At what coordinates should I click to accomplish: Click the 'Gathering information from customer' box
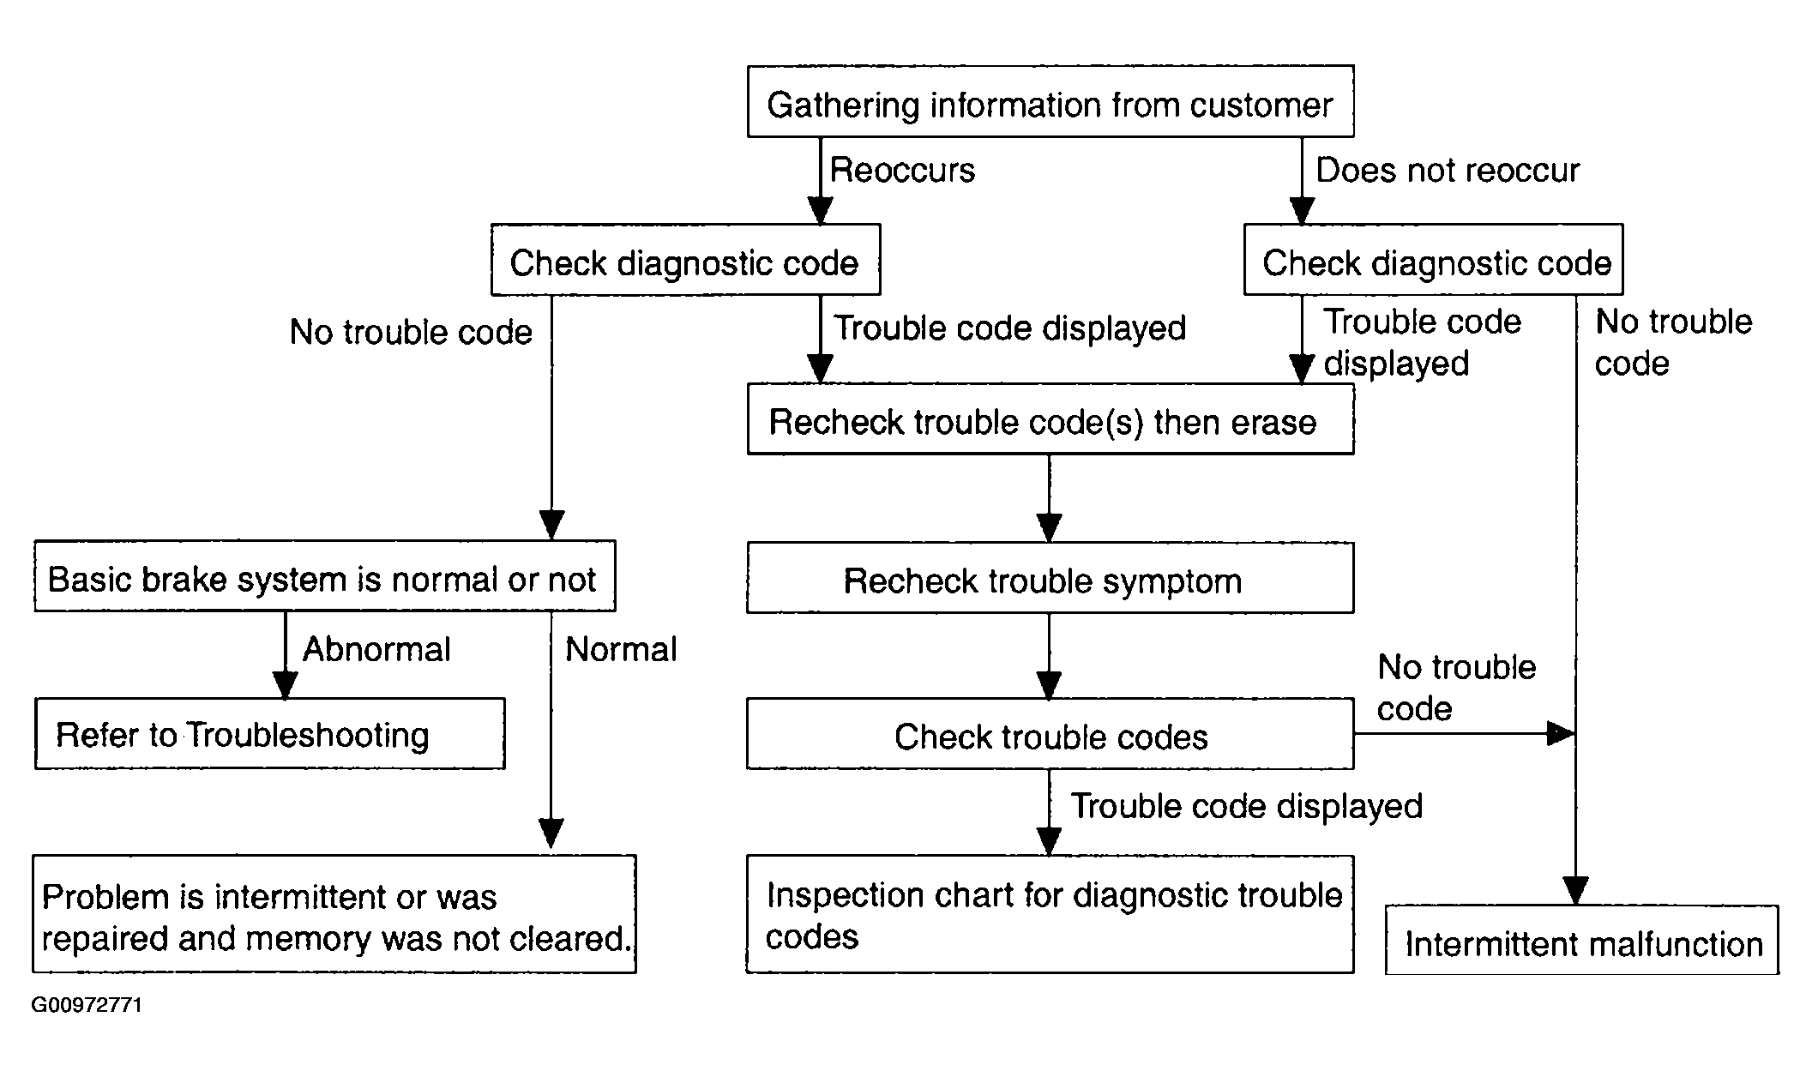[x=1050, y=101]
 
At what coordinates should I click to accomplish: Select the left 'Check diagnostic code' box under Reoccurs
[x=685, y=260]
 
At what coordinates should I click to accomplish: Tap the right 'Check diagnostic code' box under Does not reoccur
[x=1433, y=260]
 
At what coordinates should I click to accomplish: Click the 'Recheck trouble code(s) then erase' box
[x=1050, y=418]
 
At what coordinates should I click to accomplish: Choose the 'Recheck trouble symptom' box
[x=1050, y=577]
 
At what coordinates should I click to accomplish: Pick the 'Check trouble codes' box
[x=1050, y=734]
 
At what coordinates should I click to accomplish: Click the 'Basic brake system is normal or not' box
[x=325, y=575]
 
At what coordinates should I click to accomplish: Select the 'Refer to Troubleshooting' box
[x=270, y=734]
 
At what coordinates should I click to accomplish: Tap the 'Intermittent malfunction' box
[x=1582, y=940]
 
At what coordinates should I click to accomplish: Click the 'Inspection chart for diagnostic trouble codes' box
[x=1050, y=914]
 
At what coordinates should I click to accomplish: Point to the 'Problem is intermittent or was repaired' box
[x=334, y=914]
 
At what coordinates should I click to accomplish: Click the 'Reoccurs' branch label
[x=902, y=170]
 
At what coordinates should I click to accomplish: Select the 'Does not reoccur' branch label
[x=1448, y=170]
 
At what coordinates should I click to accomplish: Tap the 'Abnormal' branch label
[x=376, y=649]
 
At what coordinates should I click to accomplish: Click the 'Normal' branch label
[x=621, y=649]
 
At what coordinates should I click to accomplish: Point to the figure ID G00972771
[x=87, y=1005]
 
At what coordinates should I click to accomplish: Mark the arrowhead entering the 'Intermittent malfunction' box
[x=1576, y=891]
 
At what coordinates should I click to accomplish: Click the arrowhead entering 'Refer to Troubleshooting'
[x=285, y=684]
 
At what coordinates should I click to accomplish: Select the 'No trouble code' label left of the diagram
[x=411, y=332]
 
